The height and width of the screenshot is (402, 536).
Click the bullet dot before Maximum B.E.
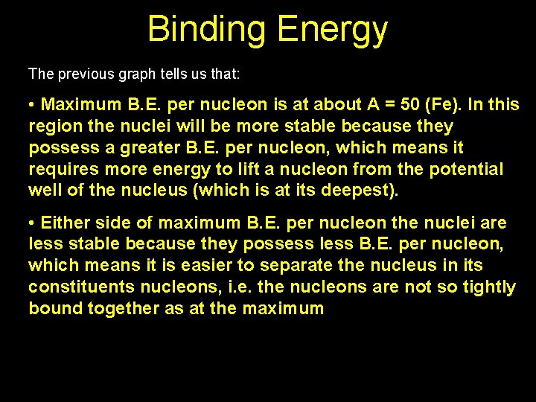(x=33, y=105)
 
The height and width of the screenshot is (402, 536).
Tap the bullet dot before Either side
(x=33, y=223)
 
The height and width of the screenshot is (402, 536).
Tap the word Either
(x=63, y=223)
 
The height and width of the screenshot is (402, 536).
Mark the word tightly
(x=487, y=287)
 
